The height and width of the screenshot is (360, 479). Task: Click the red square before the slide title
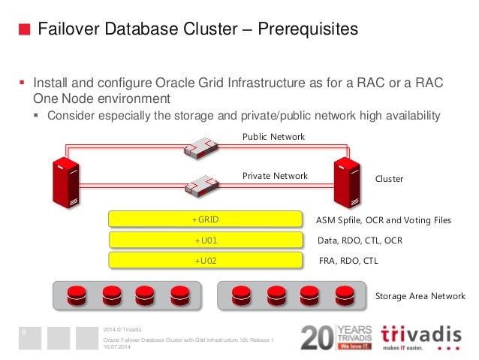click(x=25, y=30)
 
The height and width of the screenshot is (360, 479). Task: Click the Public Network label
click(x=274, y=137)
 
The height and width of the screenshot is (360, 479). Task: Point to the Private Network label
click(x=275, y=176)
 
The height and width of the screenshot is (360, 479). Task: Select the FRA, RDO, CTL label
click(x=348, y=261)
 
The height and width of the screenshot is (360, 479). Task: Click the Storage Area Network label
click(x=420, y=296)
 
